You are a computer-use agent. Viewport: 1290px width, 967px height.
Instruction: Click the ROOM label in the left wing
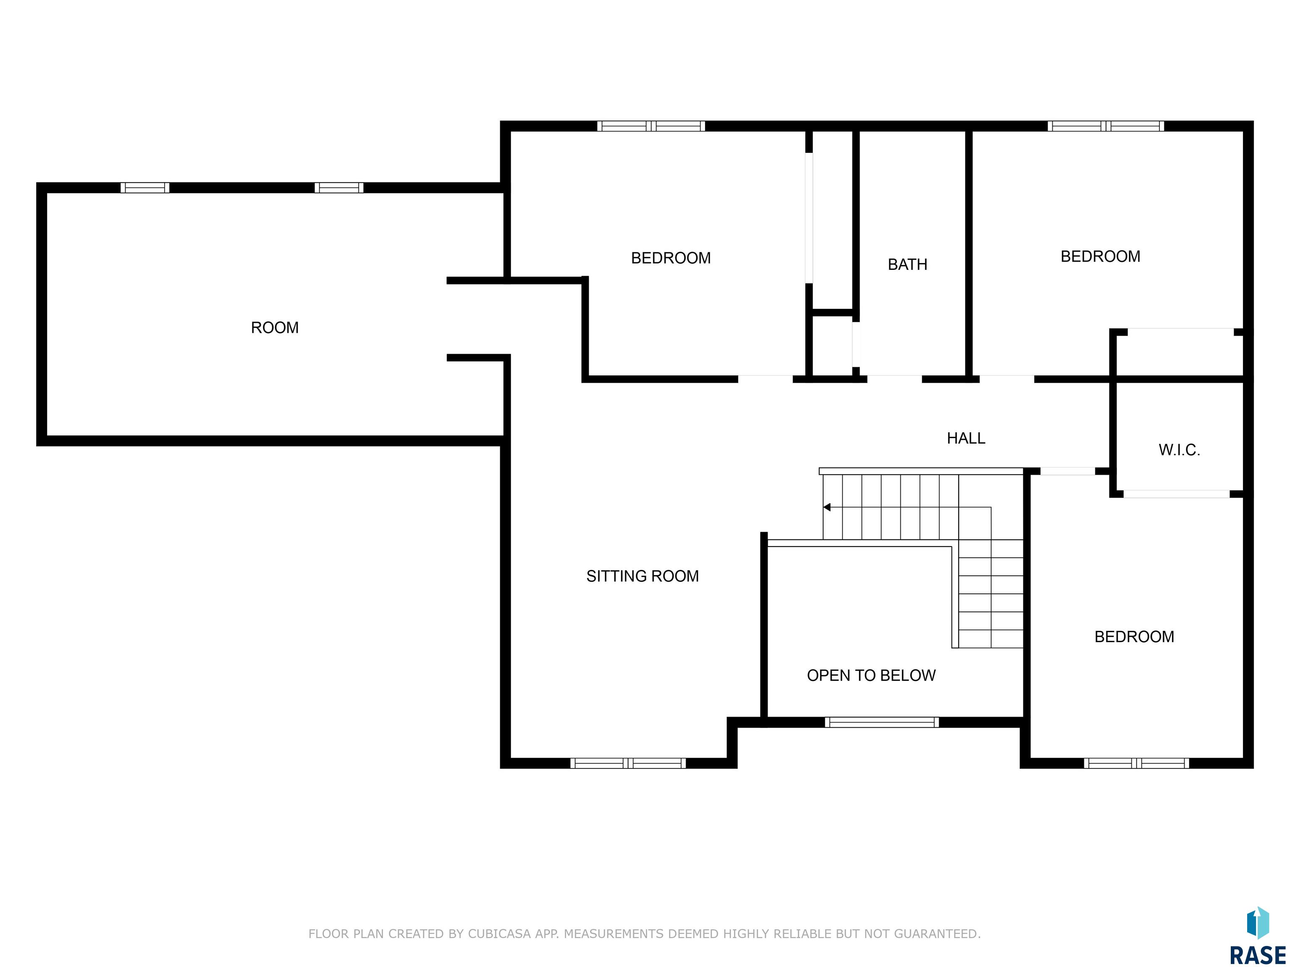[x=275, y=327]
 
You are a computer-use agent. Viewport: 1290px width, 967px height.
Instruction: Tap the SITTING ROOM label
[x=642, y=576]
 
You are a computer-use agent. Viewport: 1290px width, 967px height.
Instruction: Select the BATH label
[x=907, y=265]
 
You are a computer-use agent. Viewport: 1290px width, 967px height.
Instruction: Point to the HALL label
[x=966, y=438]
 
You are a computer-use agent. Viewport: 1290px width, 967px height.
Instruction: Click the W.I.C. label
[x=1179, y=450]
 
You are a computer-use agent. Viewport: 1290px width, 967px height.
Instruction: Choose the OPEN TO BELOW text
[x=871, y=676]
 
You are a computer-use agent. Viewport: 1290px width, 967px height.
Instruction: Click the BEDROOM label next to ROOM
[x=671, y=258]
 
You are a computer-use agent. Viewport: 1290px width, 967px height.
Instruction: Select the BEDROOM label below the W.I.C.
[x=1134, y=637]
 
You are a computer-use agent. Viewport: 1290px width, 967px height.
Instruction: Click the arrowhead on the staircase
[x=827, y=507]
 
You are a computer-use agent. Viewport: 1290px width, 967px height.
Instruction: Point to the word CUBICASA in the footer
[x=499, y=934]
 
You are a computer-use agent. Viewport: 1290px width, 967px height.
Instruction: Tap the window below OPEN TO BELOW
[x=882, y=722]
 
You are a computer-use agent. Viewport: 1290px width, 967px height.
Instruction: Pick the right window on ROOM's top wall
[x=339, y=188]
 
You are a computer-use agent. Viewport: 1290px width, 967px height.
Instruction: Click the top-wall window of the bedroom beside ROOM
[x=651, y=126]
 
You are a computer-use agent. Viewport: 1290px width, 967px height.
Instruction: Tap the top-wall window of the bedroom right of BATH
[x=1106, y=126]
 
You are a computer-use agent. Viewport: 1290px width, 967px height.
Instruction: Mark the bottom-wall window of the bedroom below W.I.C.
[x=1136, y=763]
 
